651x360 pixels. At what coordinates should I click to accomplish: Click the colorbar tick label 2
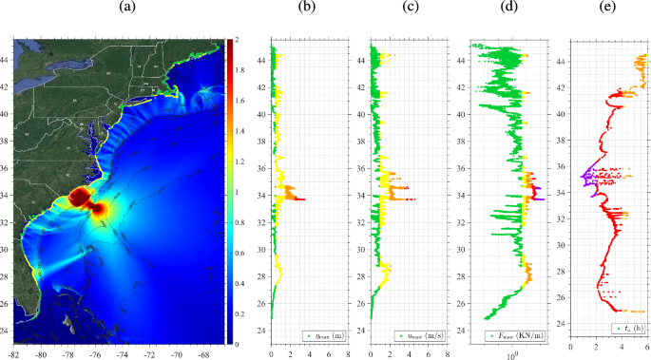pos(235,39)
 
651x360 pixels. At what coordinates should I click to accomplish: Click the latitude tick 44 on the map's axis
pos(5,57)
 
